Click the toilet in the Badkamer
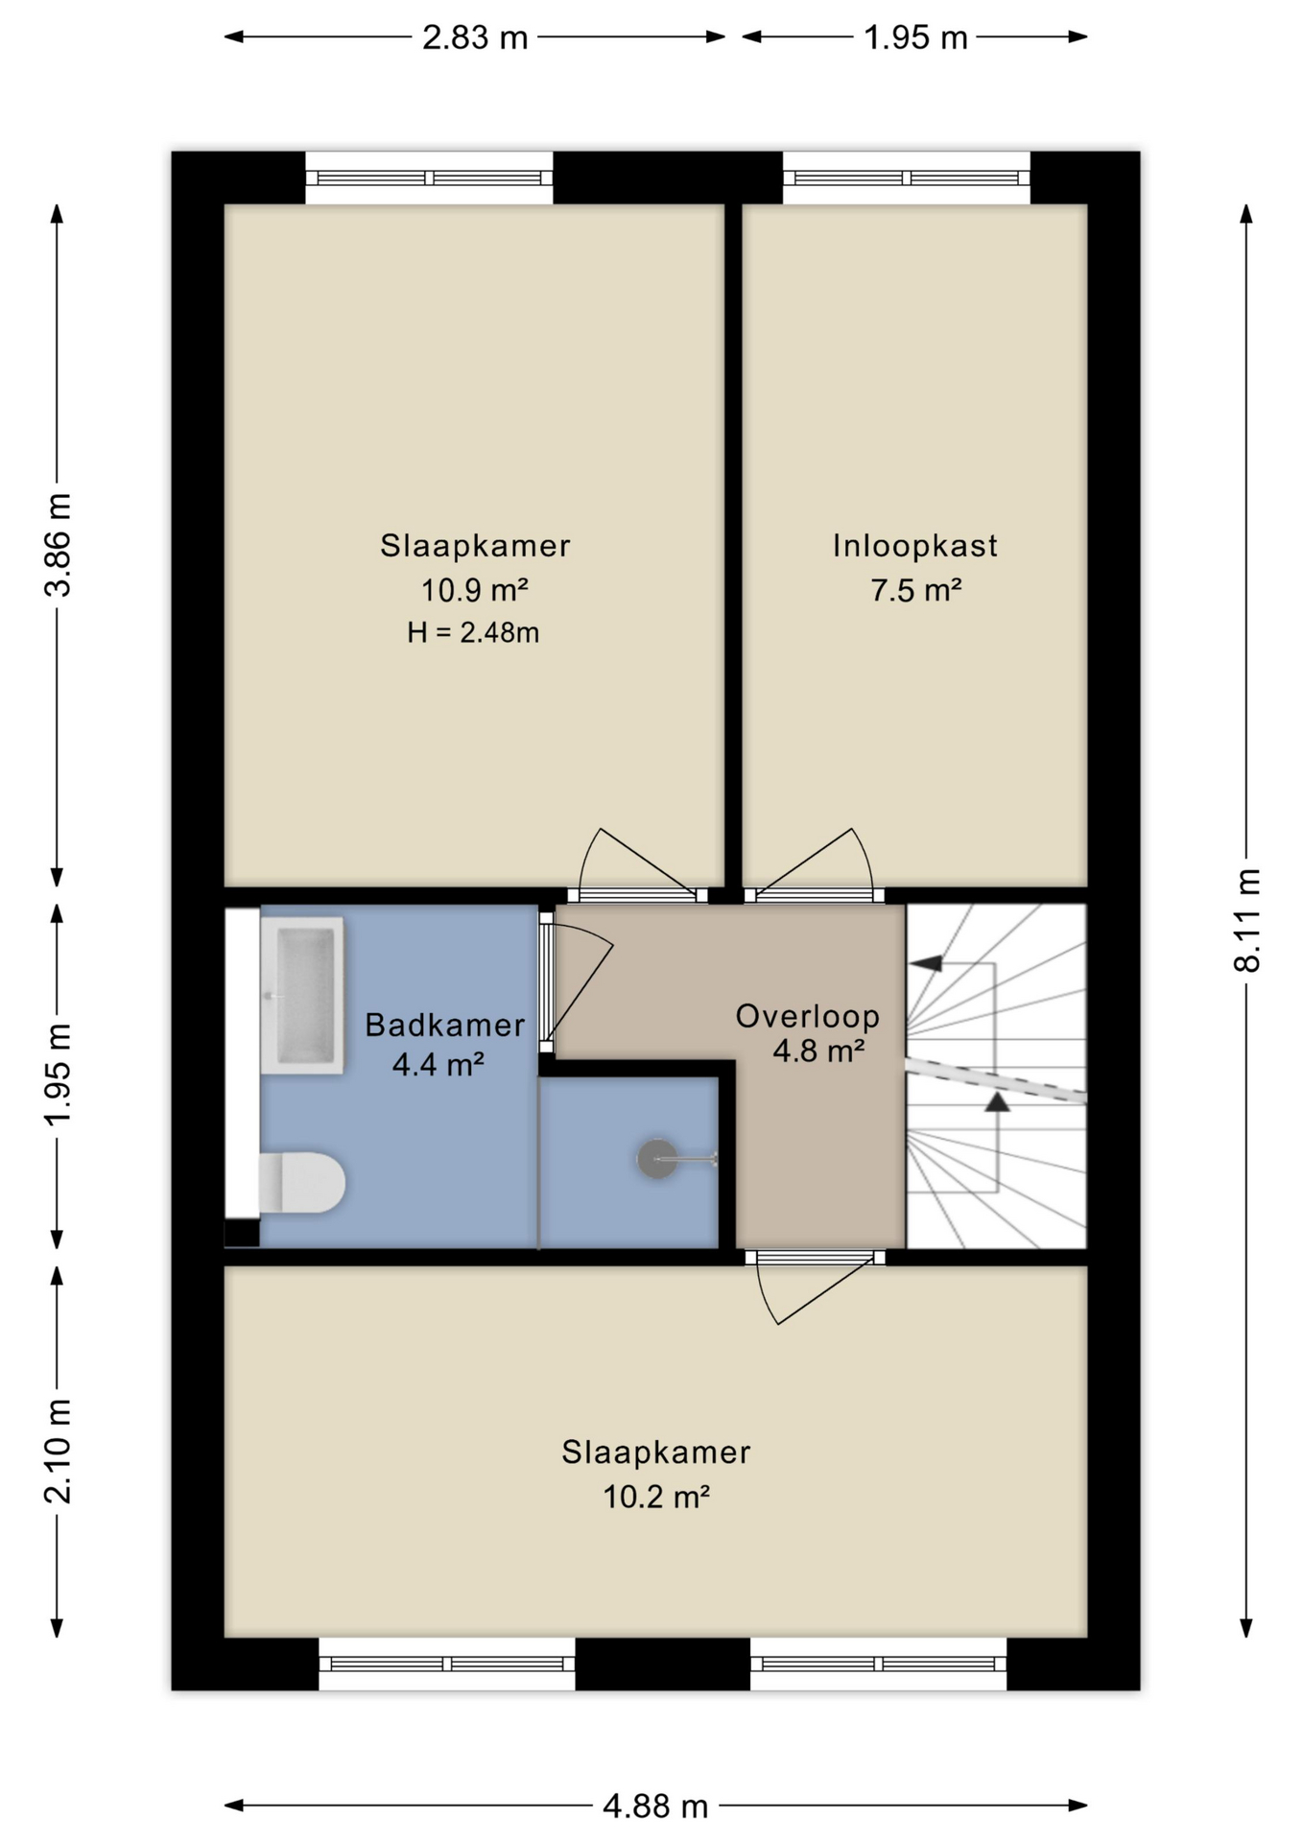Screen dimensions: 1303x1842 (x=301, y=1182)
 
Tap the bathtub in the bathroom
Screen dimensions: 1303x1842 (x=301, y=995)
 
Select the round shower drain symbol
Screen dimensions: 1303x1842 (x=657, y=1159)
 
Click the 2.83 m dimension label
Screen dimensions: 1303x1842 (x=475, y=37)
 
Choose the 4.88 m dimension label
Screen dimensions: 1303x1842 (x=655, y=1807)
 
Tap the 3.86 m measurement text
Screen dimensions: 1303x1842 (x=58, y=544)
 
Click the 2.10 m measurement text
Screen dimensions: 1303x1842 (x=58, y=1450)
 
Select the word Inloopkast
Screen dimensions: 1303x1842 (x=914, y=546)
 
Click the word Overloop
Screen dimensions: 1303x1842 (x=808, y=1017)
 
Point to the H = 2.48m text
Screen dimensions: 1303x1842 (x=473, y=632)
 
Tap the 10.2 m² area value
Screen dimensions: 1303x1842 (x=656, y=1497)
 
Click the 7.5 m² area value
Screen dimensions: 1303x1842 (x=915, y=590)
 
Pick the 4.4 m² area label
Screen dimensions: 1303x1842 (x=438, y=1064)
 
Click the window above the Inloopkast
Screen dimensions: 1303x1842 (x=907, y=177)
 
